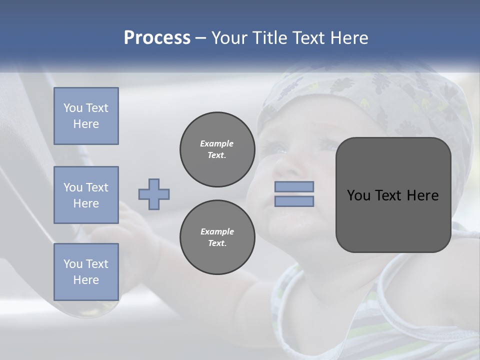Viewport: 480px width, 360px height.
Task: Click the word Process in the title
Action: [157, 38]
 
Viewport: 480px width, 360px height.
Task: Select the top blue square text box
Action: [86, 116]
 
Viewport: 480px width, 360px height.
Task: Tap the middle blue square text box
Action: [86, 195]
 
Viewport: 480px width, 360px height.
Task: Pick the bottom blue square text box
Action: [86, 272]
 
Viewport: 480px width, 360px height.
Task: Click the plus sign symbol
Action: [154, 194]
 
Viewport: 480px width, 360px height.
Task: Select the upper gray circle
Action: [217, 149]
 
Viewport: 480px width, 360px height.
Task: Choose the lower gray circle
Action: [217, 237]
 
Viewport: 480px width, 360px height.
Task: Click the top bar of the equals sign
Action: [294, 187]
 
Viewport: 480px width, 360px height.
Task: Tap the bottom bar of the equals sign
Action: [294, 201]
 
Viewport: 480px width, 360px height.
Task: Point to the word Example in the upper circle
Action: [217, 143]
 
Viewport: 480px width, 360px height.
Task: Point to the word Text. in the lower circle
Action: [217, 243]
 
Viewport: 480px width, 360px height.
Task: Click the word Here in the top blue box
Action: [86, 124]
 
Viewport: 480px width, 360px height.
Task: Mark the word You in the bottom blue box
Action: [72, 264]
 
